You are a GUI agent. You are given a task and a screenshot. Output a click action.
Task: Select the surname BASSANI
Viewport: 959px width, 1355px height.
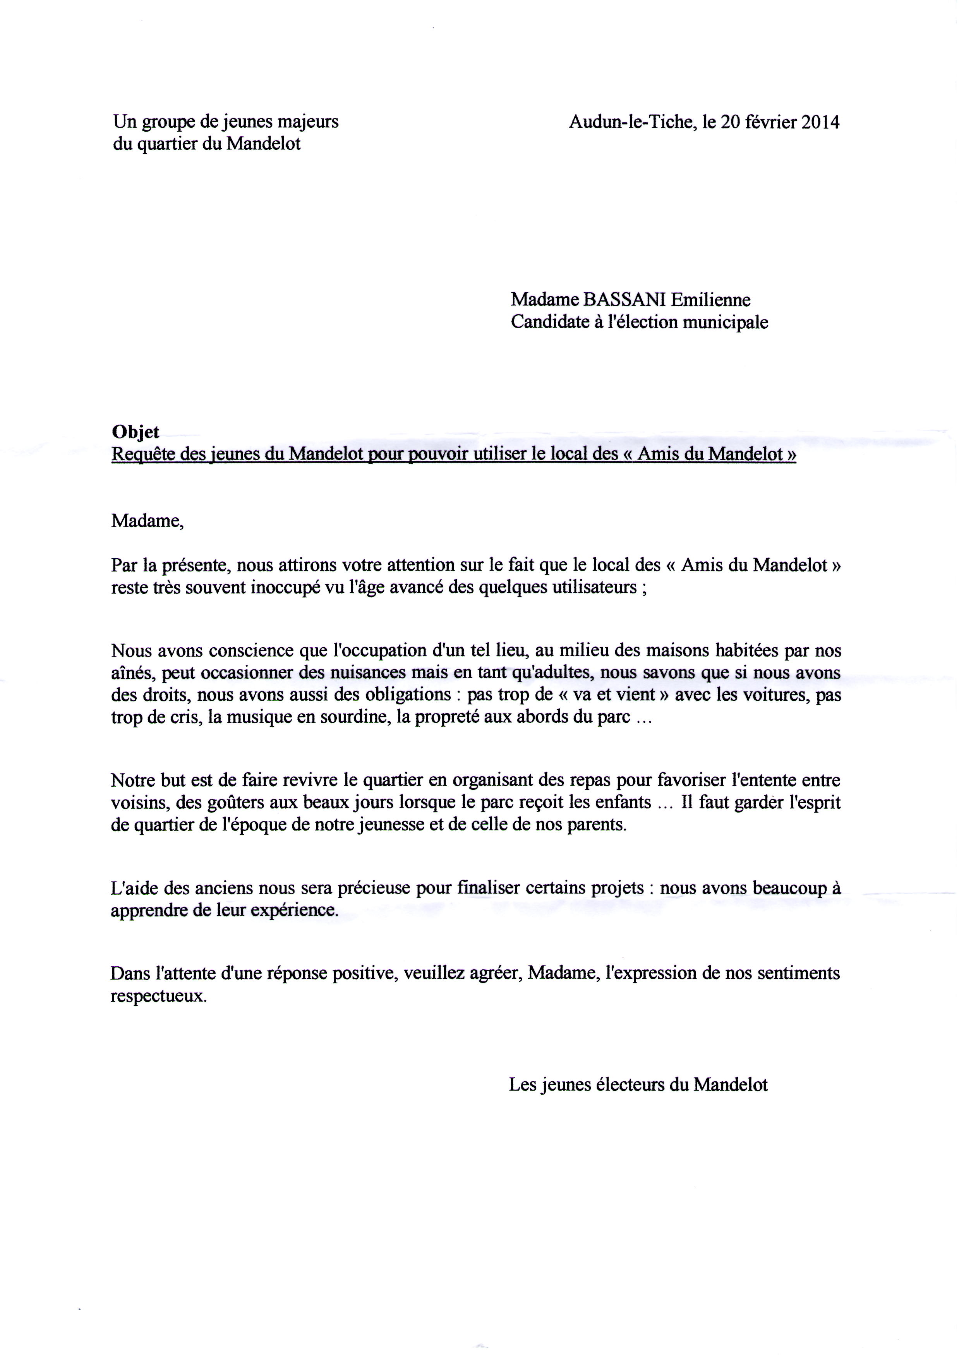[625, 300]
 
